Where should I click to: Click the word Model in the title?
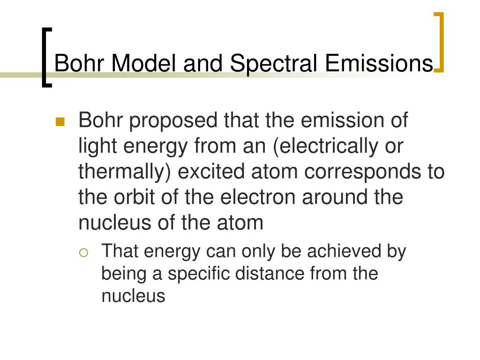click(144, 63)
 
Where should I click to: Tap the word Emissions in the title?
click(379, 63)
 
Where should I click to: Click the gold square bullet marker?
click(60, 122)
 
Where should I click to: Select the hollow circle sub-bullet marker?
click(83, 253)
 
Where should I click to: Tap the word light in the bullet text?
click(97, 146)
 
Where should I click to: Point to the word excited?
click(211, 172)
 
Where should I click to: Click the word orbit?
click(134, 197)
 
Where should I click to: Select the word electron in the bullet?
click(258, 197)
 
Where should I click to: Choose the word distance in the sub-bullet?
click(270, 273)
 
